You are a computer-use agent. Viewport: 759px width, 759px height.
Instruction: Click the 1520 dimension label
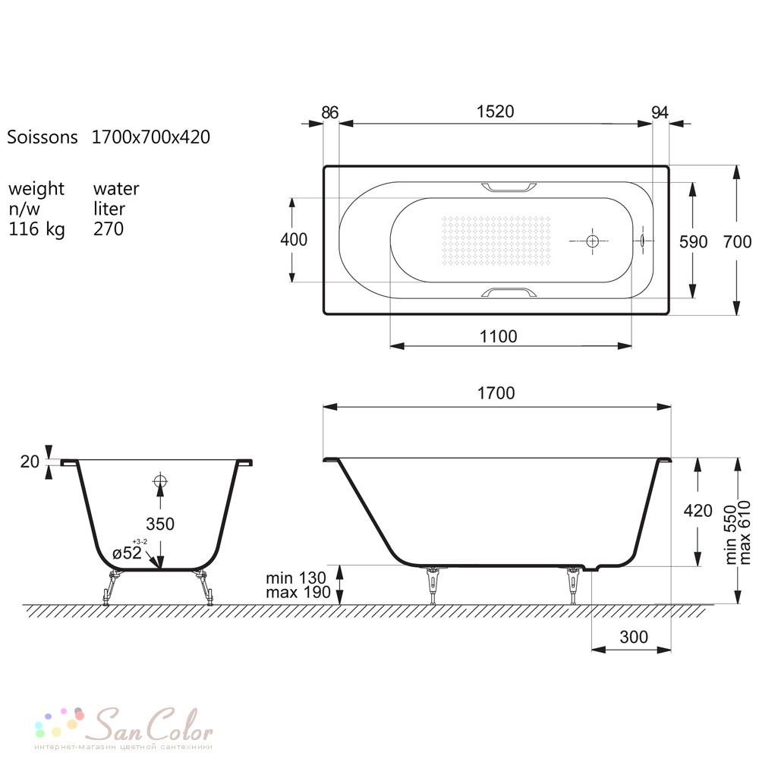pos(495,112)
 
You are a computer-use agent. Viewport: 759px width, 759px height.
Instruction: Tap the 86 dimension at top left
pos(329,113)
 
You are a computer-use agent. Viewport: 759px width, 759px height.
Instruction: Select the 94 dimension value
pos(660,113)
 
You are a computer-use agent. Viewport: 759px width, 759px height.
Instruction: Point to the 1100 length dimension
pos(498,336)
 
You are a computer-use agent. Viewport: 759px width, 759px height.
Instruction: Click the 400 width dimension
pos(294,240)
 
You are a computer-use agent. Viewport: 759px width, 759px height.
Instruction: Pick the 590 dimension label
pos(694,242)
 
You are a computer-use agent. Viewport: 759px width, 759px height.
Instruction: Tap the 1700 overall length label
pos(496,393)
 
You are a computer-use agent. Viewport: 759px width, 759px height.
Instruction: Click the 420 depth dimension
pos(698,511)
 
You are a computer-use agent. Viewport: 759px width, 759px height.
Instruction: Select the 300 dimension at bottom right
pos(634,637)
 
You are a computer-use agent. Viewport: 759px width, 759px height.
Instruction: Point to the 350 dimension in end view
pos(160,524)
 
